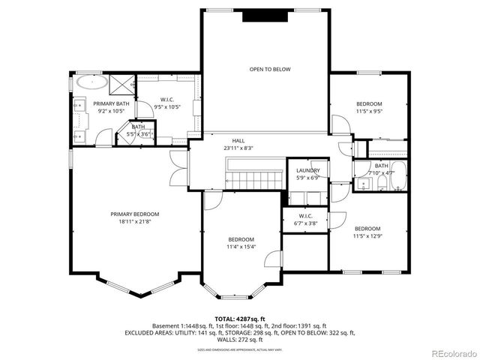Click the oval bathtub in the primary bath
pos(90,82)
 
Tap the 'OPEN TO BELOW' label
pos(270,69)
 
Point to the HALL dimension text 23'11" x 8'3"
pos(238,148)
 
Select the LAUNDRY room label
pos(307,170)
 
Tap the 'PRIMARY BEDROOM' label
pos(135,214)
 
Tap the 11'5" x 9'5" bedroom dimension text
pos(369,112)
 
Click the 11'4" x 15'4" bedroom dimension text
pos(242,247)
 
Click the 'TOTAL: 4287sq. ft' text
pos(239,318)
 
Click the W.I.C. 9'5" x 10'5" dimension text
pos(167,107)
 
